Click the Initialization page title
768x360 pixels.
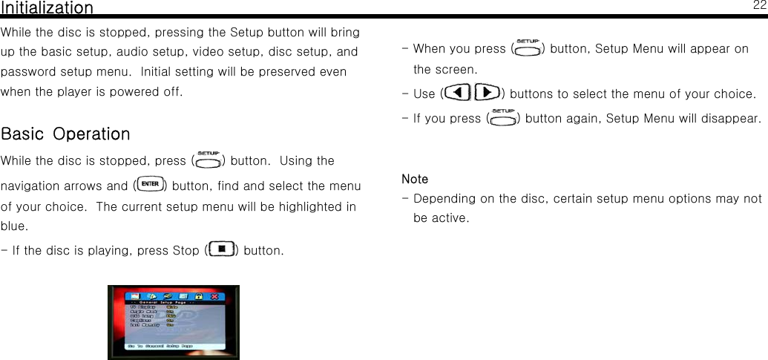coord(47,8)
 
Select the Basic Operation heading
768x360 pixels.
coord(65,134)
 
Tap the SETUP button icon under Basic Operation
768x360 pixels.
coord(208,160)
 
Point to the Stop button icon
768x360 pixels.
coord(222,249)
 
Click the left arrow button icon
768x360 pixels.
coord(459,94)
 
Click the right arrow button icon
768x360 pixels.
coord(486,94)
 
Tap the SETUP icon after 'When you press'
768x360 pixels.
coord(528,48)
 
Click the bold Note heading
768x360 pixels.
coord(415,179)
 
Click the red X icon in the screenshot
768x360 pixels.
coord(215,295)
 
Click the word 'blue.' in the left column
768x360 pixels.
coord(16,226)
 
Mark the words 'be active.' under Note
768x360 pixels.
coord(441,219)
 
